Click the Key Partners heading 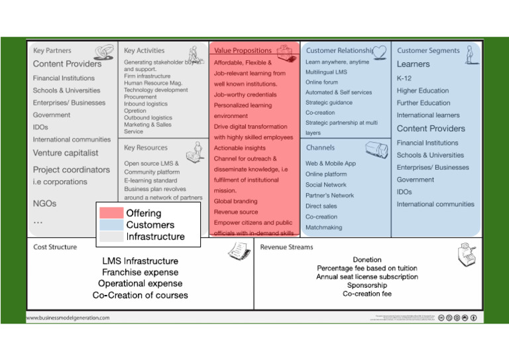click(x=52, y=50)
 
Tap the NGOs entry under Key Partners click(x=44, y=204)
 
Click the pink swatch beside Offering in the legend click(x=111, y=213)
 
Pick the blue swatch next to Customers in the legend click(x=111, y=225)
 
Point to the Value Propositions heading click(x=243, y=50)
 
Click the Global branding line click(x=235, y=201)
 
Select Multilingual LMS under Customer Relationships click(x=326, y=72)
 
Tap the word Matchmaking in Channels click(x=324, y=227)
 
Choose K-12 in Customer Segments click(x=404, y=78)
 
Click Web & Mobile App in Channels click(x=331, y=163)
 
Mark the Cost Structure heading click(x=55, y=247)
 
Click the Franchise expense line click(x=140, y=272)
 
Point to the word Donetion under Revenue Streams click(x=367, y=260)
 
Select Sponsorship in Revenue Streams click(x=367, y=285)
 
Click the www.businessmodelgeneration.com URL click(x=68, y=318)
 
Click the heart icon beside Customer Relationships click(x=379, y=52)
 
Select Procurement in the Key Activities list click(x=141, y=96)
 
